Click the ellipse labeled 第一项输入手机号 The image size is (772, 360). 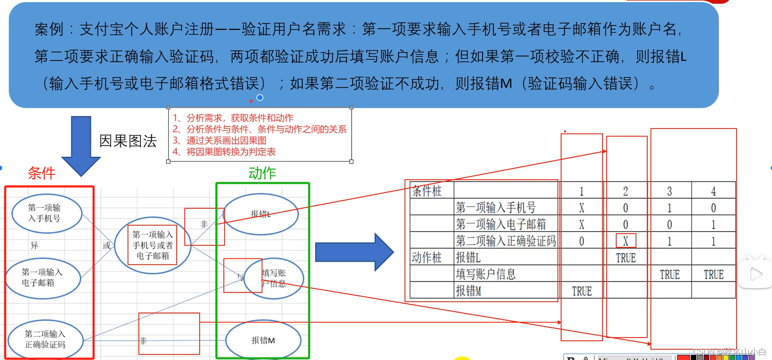pyautogui.click(x=46, y=213)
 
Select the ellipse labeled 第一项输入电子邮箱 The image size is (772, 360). pyautogui.click(x=43, y=278)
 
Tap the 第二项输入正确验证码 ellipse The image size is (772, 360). pyautogui.click(x=46, y=339)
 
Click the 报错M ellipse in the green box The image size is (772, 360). pyautogui.click(x=263, y=340)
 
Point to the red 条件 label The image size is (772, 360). pyautogui.click(x=42, y=173)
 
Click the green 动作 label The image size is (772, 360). pyautogui.click(x=262, y=173)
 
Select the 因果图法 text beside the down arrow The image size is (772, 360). pyautogui.click(x=128, y=141)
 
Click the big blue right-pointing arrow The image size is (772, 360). pyautogui.click(x=354, y=252)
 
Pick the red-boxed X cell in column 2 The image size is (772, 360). pyautogui.click(x=626, y=241)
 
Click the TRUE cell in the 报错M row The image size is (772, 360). pyautogui.click(x=582, y=291)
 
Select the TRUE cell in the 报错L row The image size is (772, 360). pyautogui.click(x=626, y=258)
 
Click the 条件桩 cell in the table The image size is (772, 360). pyautogui.click(x=427, y=191)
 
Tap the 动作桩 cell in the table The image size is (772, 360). pyautogui.click(x=427, y=257)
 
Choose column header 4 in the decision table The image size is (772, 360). pyautogui.click(x=713, y=191)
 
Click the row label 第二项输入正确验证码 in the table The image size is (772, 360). pyautogui.click(x=506, y=241)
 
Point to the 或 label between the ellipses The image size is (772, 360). pyautogui.click(x=106, y=245)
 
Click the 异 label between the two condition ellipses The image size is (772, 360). pyautogui.click(x=34, y=245)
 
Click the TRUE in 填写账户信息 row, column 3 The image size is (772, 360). pyautogui.click(x=669, y=275)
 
